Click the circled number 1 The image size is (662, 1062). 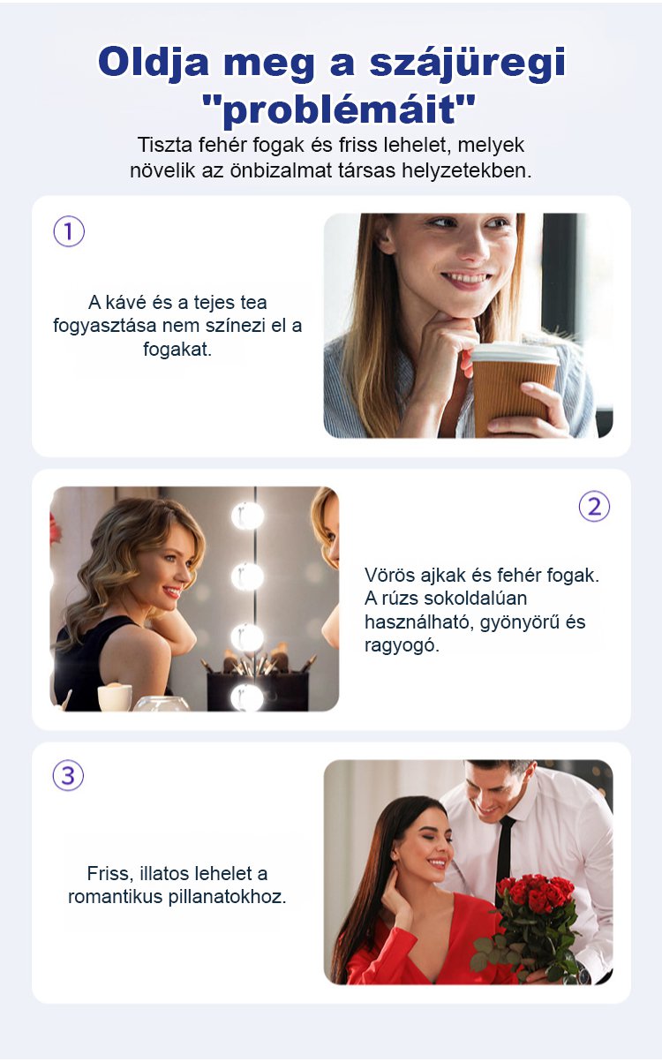coord(69,231)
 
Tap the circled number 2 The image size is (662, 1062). coord(594,507)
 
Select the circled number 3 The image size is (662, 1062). coord(68,776)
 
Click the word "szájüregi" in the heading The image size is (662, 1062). coord(467,63)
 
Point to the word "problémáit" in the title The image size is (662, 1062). coord(338,110)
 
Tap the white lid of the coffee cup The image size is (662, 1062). coord(515,354)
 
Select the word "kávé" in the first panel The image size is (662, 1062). coord(126,302)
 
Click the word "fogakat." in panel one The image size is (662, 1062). coord(177,350)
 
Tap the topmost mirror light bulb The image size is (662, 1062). coord(247,516)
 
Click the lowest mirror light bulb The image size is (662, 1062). coord(247,697)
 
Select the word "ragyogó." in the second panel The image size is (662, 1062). coord(402,645)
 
